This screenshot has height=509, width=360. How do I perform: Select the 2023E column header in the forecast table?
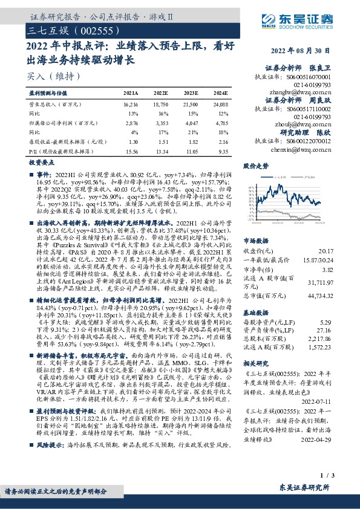coord(191,94)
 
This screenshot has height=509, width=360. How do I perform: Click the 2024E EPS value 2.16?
coord(222,141)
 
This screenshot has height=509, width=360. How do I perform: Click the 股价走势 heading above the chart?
coord(255,164)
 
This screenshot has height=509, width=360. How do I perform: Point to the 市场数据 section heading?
coord(255,224)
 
